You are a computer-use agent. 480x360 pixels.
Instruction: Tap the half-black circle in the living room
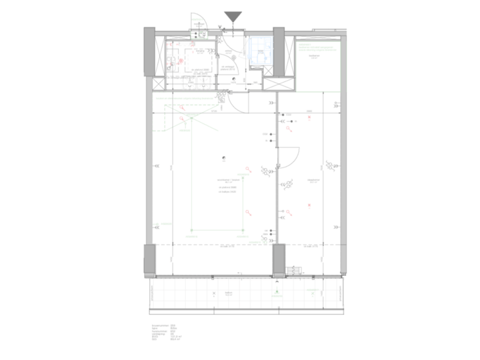tap(225, 158)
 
